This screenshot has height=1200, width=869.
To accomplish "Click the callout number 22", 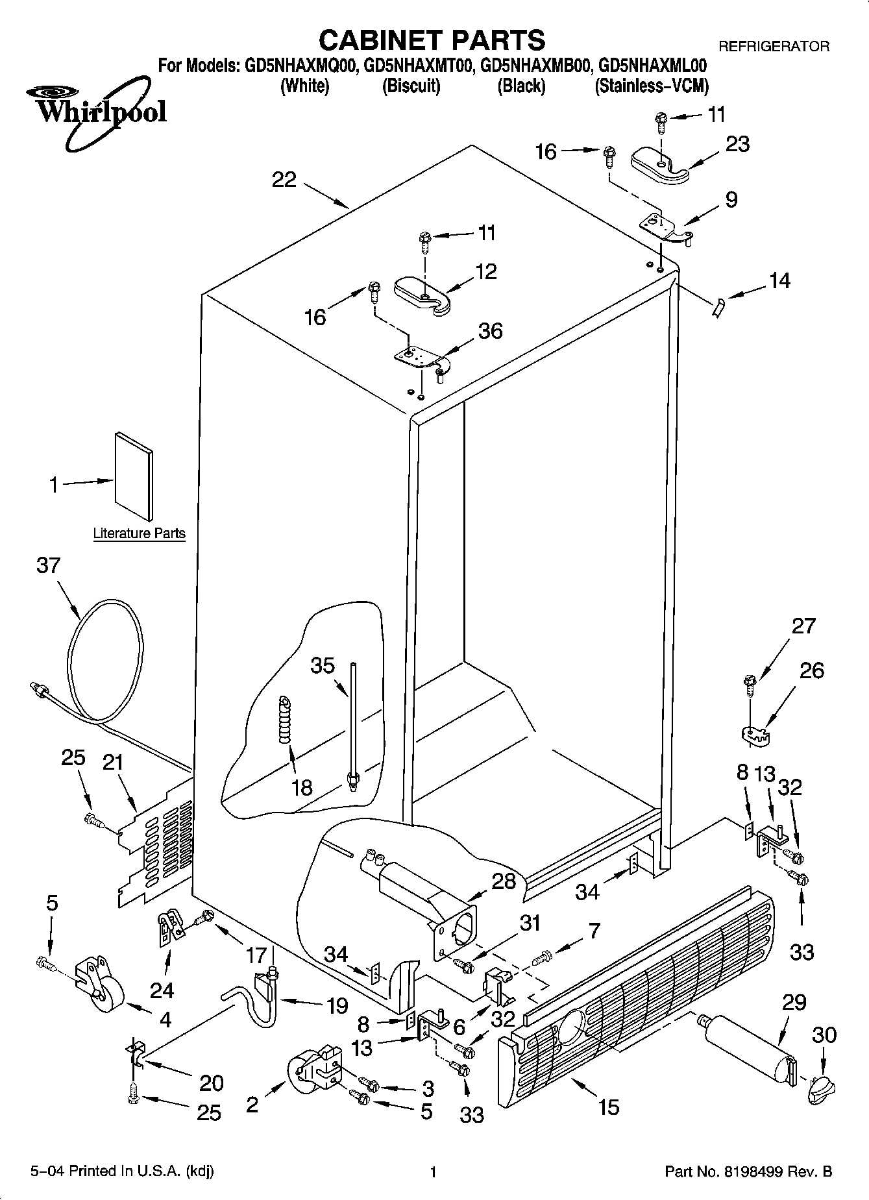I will pyautogui.click(x=284, y=179).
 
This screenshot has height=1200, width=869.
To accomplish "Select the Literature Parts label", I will pyautogui.click(x=139, y=533).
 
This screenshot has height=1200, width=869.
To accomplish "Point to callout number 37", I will pyautogui.click(x=48, y=565).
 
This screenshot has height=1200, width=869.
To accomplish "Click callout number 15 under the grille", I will pyautogui.click(x=609, y=1106).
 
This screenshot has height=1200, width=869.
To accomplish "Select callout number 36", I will pyautogui.click(x=490, y=330).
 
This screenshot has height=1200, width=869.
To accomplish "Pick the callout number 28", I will pyautogui.click(x=504, y=881).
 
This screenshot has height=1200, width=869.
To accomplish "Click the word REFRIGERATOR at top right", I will pyautogui.click(x=773, y=46).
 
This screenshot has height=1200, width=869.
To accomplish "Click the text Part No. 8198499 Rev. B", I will pyautogui.click(x=748, y=1171).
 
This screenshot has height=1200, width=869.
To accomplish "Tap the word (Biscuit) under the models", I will pyautogui.click(x=411, y=86).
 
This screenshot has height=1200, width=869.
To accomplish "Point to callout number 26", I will pyautogui.click(x=811, y=670).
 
